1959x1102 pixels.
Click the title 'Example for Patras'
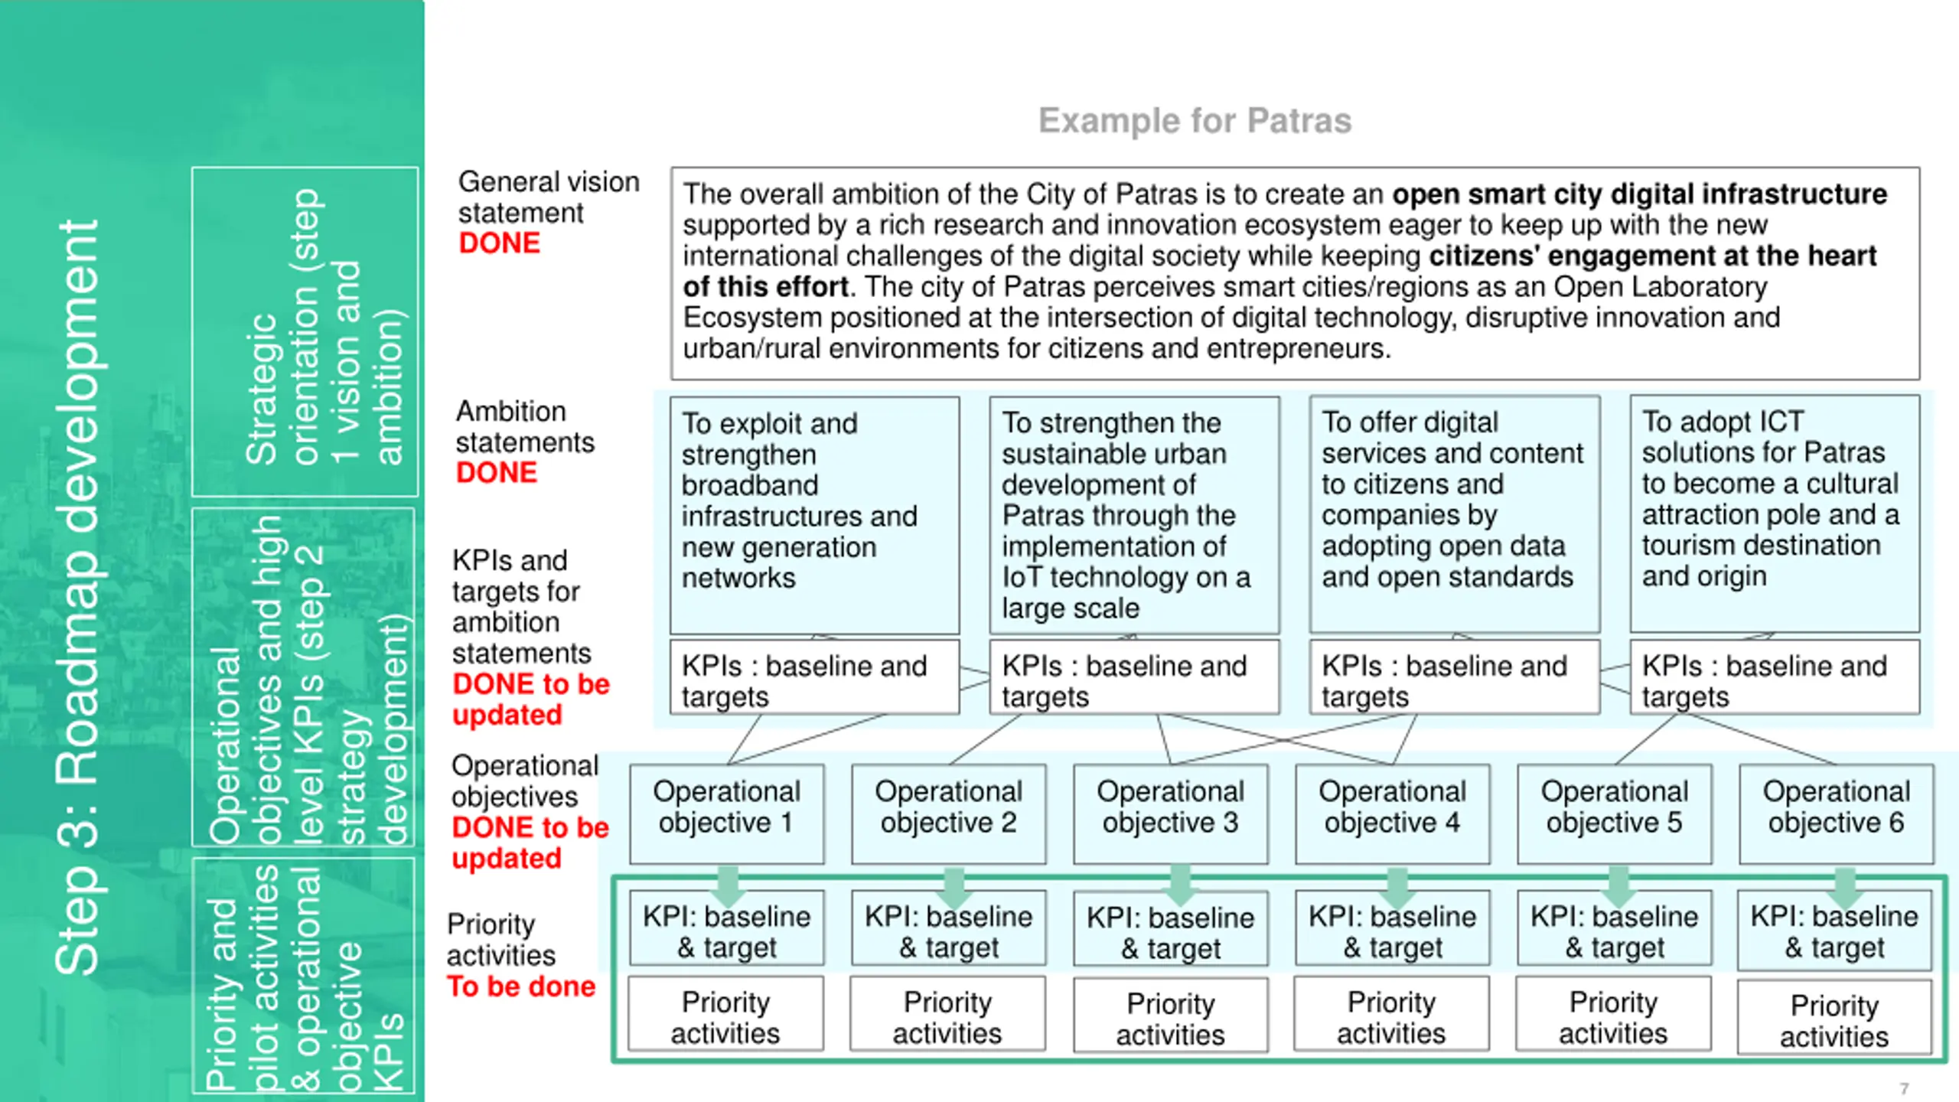pyautogui.click(x=1195, y=121)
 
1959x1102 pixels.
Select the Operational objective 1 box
pyautogui.click(x=726, y=813)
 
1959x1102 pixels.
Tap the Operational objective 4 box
pyautogui.click(x=1392, y=813)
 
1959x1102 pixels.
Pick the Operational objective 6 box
pyautogui.click(x=1836, y=813)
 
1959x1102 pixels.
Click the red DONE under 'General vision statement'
pyautogui.click(x=500, y=243)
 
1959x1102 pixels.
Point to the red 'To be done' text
pyautogui.click(x=521, y=986)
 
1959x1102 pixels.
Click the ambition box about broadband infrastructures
pyautogui.click(x=814, y=514)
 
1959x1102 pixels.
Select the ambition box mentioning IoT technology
pyautogui.click(x=1134, y=514)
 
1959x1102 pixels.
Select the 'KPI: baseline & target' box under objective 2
pyautogui.click(x=948, y=931)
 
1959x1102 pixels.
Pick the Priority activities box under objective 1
pyautogui.click(x=725, y=1017)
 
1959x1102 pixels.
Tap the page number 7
pyautogui.click(x=1904, y=1088)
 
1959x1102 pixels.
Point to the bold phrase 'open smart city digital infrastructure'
pyautogui.click(x=1639, y=194)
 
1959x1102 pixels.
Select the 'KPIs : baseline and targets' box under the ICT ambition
pyautogui.click(x=1774, y=680)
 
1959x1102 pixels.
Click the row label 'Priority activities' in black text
pyautogui.click(x=500, y=940)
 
